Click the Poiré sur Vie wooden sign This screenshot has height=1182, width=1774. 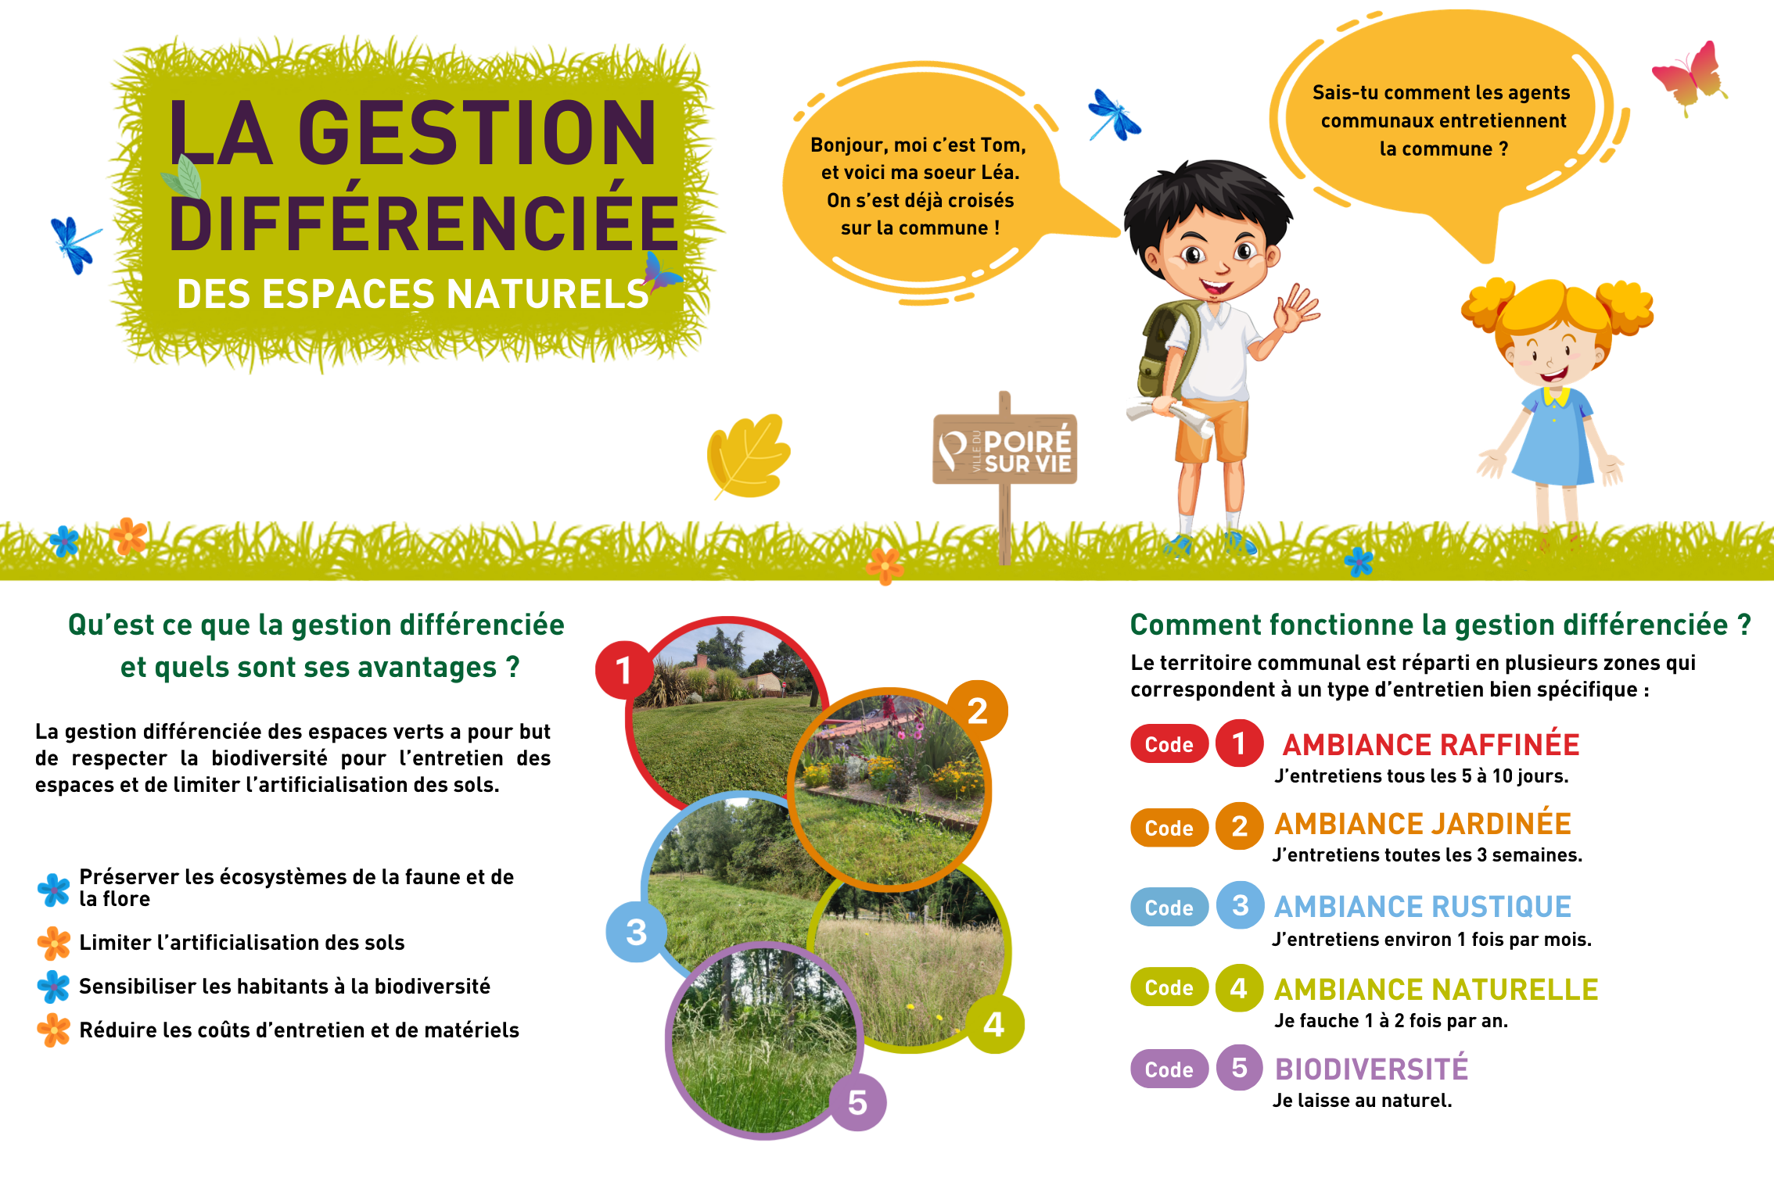pyautogui.click(x=1005, y=450)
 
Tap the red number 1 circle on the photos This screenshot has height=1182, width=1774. pyautogui.click(x=623, y=670)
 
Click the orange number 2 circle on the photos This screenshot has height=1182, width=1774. pyautogui.click(x=977, y=711)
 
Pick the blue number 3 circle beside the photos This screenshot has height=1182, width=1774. pyautogui.click(x=636, y=932)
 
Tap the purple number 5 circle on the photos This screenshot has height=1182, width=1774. pyautogui.click(x=857, y=1102)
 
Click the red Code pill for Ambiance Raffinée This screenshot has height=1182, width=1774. pyautogui.click(x=1169, y=744)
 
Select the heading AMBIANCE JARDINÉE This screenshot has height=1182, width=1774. pyautogui.click(x=1423, y=824)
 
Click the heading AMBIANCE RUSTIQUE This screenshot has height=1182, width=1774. pyautogui.click(x=1423, y=907)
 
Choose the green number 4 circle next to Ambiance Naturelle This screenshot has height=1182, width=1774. pyautogui.click(x=1239, y=988)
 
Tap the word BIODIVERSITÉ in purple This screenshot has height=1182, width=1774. pyautogui.click(x=1371, y=1069)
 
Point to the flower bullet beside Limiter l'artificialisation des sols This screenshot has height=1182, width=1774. pyautogui.click(x=54, y=943)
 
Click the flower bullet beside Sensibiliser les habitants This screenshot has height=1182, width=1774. pyautogui.click(x=54, y=987)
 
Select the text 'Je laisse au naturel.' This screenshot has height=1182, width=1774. pyautogui.click(x=1362, y=1101)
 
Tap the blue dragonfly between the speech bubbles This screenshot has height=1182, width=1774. pyautogui.click(x=1114, y=116)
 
